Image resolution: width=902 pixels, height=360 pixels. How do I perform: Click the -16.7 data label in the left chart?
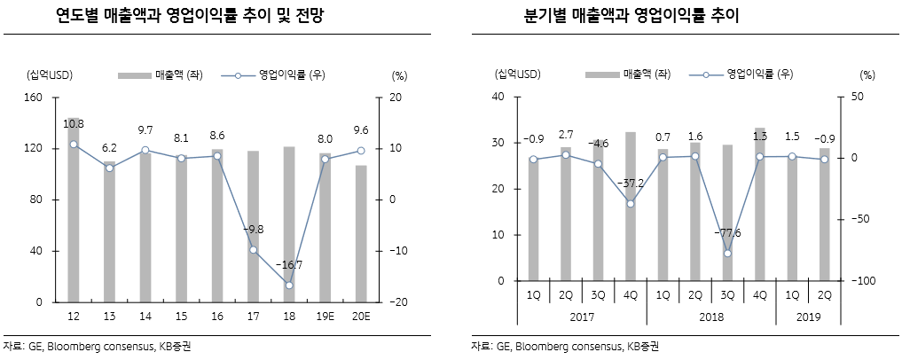click(x=290, y=265)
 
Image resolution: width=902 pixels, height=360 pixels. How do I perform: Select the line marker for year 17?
click(x=254, y=250)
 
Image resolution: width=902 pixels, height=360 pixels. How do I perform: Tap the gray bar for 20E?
click(x=361, y=234)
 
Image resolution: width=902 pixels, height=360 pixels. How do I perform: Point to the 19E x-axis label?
click(x=326, y=317)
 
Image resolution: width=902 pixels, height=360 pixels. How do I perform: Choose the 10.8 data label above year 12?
click(x=73, y=123)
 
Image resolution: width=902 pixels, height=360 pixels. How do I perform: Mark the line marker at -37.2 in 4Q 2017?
click(x=631, y=204)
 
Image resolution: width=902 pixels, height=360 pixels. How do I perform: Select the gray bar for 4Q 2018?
click(x=760, y=205)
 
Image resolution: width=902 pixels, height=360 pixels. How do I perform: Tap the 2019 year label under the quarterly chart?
click(x=808, y=317)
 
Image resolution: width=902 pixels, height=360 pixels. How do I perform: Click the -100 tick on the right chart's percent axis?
click(x=863, y=281)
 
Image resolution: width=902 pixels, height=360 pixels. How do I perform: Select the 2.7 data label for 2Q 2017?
click(x=565, y=135)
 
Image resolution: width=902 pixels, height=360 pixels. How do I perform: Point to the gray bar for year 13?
click(x=109, y=234)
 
